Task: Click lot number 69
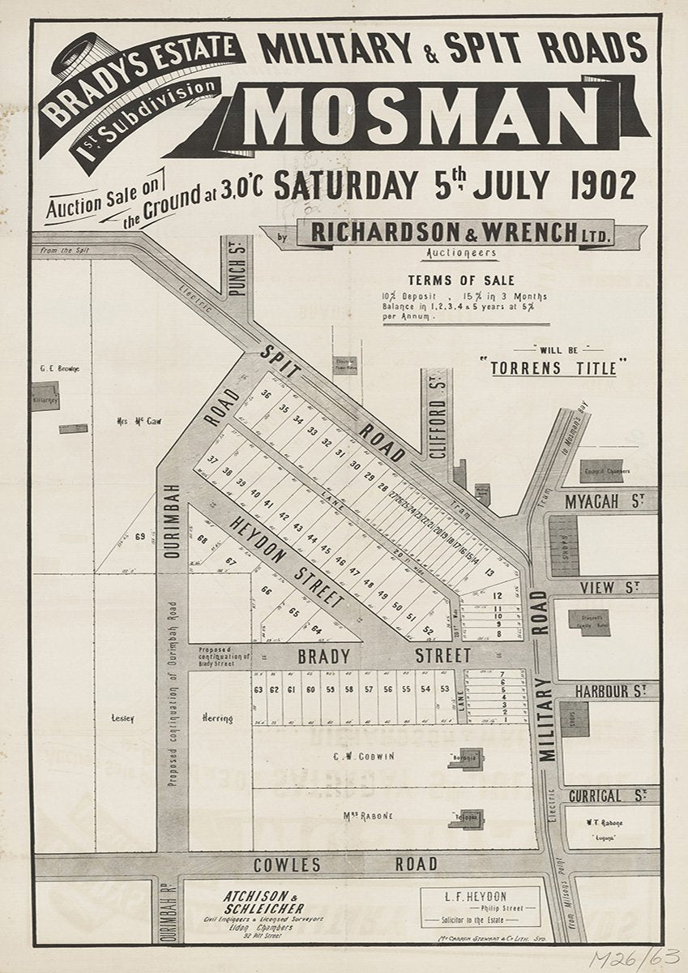coord(140,536)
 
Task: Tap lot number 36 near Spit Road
coord(264,394)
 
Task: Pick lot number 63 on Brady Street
coord(259,689)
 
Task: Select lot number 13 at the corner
coord(489,572)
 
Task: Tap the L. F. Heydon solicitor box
coord(480,907)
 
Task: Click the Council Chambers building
coord(601,471)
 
